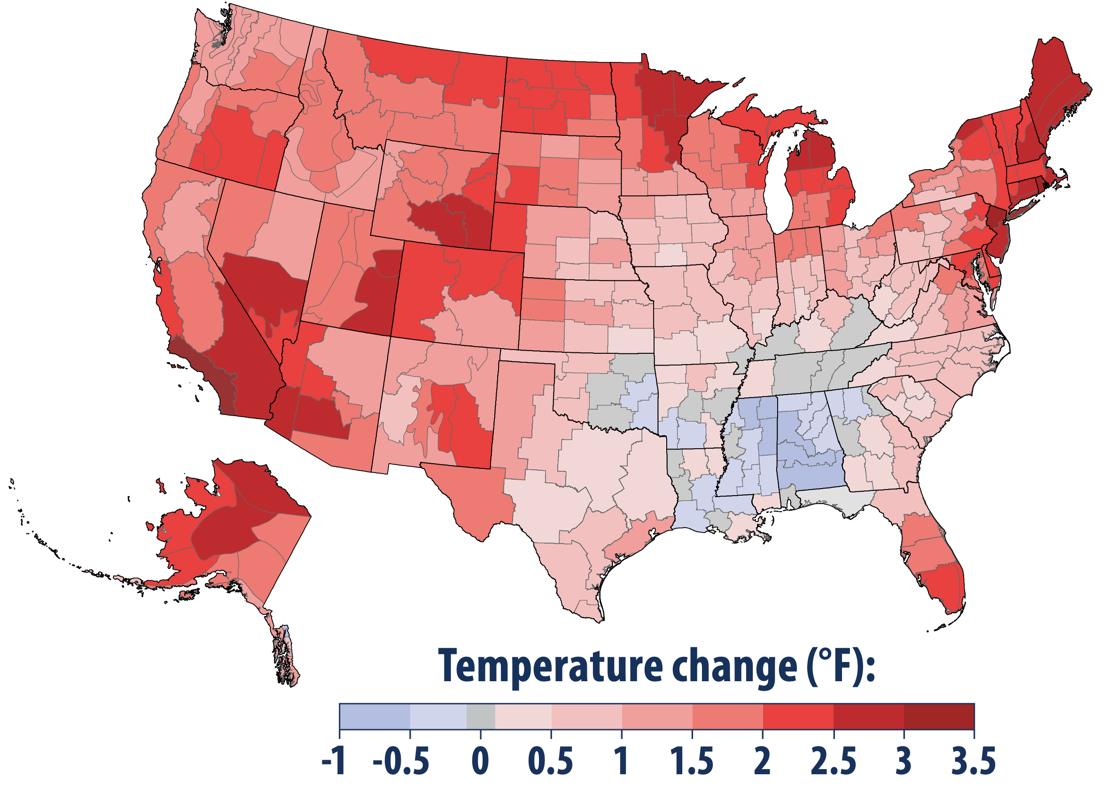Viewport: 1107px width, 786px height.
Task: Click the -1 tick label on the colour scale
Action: (x=334, y=761)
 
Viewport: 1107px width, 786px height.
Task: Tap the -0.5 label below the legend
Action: (x=401, y=761)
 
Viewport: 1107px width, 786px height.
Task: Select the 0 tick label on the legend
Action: (x=480, y=761)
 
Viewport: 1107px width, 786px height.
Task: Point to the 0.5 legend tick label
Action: (x=551, y=761)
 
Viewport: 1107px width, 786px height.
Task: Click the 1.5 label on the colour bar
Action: (x=692, y=761)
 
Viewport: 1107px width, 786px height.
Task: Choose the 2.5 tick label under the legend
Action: (x=834, y=761)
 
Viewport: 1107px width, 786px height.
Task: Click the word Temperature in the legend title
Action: (x=550, y=668)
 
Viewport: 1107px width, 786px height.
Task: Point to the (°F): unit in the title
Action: (x=840, y=668)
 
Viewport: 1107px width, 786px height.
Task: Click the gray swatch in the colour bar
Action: (x=481, y=717)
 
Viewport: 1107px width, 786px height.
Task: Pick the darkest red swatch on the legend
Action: (x=939, y=717)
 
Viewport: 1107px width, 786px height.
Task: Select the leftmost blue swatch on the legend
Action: (x=374, y=717)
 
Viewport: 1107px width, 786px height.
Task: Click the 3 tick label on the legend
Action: (x=904, y=761)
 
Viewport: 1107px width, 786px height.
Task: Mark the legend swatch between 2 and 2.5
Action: (x=798, y=717)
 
